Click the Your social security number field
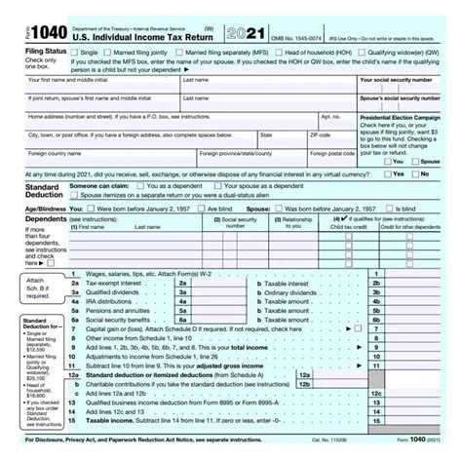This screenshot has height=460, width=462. click(x=409, y=90)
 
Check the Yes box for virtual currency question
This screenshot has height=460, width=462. click(x=387, y=174)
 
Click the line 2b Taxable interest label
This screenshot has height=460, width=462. click(x=284, y=285)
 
